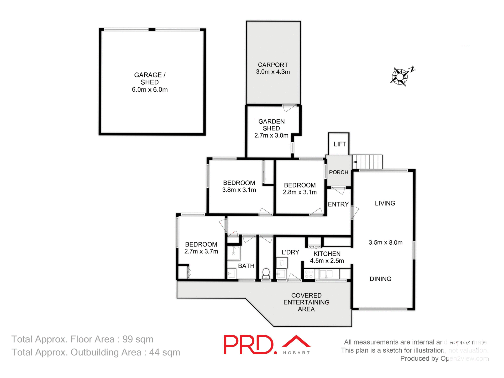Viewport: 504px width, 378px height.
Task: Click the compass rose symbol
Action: click(x=400, y=77)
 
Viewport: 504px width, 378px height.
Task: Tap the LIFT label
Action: click(x=340, y=144)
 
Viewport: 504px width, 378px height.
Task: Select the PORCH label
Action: click(x=339, y=172)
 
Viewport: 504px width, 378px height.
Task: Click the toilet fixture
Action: click(x=266, y=273)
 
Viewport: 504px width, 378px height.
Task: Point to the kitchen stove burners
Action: click(x=309, y=274)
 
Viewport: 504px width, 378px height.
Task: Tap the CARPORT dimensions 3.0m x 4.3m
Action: click(x=273, y=72)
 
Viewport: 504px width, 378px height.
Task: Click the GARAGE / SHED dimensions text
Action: click(x=150, y=90)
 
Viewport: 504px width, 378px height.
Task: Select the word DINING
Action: click(x=380, y=279)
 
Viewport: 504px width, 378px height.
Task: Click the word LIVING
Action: click(x=385, y=203)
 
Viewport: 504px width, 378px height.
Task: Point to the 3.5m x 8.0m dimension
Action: click(x=385, y=243)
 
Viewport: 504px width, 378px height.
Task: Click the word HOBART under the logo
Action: click(x=296, y=353)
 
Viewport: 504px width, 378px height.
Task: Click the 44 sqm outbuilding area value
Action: click(x=165, y=353)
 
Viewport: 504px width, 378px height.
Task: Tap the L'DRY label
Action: click(x=290, y=252)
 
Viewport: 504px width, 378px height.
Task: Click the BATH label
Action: click(x=246, y=266)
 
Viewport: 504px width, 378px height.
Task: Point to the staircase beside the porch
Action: click(x=367, y=162)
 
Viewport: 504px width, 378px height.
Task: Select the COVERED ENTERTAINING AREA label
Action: click(x=306, y=302)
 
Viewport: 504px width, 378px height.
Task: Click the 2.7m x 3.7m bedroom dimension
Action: click(x=201, y=251)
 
